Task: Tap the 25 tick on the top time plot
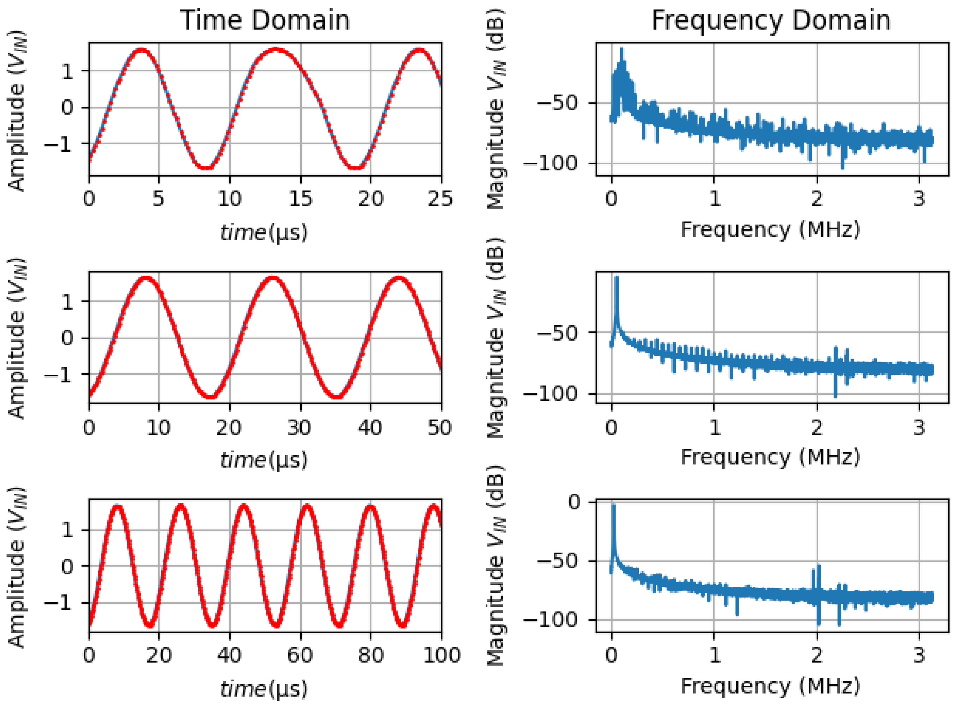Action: click(x=440, y=199)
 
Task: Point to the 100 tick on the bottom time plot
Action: click(x=441, y=655)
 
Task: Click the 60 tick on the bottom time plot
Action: click(x=300, y=655)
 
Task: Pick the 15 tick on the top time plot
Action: click(x=300, y=199)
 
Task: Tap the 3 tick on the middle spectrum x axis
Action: click(x=919, y=428)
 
